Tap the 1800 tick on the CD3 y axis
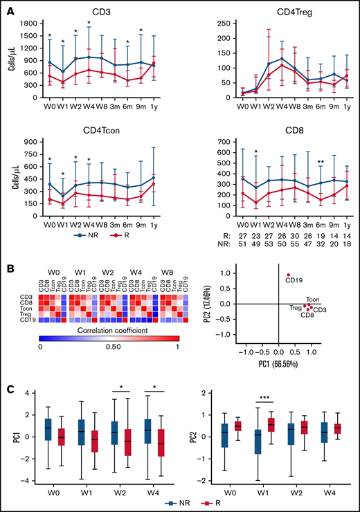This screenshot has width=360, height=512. tap(29, 24)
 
